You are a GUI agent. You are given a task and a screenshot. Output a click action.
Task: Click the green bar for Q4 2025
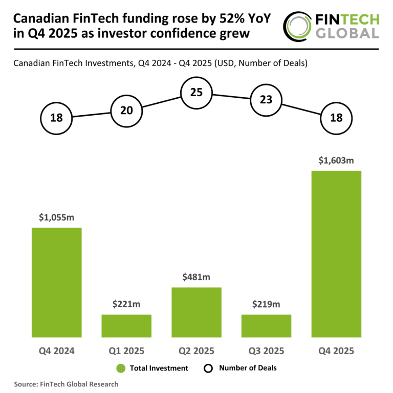336,254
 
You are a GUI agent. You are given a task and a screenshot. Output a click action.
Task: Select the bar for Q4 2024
57,282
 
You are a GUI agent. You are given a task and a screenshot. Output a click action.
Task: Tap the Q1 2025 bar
126,326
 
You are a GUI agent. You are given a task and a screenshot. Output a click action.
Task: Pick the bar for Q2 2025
196,312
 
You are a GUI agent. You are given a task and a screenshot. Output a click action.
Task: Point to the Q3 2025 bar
266,326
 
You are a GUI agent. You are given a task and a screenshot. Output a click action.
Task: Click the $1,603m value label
337,161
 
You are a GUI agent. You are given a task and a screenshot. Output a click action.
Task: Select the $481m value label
196,277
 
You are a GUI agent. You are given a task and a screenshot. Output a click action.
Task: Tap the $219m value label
266,304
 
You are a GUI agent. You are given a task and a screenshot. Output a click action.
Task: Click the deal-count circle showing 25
196,93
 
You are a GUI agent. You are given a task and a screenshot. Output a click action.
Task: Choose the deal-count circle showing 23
266,100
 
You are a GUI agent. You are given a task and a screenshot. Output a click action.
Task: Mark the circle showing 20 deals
126,110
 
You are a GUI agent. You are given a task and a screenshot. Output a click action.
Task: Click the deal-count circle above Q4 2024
57,118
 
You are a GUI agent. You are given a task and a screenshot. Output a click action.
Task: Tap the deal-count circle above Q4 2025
336,118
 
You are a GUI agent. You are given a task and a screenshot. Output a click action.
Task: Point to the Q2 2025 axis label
196,351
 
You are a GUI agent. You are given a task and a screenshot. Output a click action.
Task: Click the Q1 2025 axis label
126,351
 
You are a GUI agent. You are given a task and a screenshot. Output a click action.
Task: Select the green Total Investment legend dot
121,368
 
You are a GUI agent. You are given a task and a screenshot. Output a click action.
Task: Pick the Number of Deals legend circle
208,368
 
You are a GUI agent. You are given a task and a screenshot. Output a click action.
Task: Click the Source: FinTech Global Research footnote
66,384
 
